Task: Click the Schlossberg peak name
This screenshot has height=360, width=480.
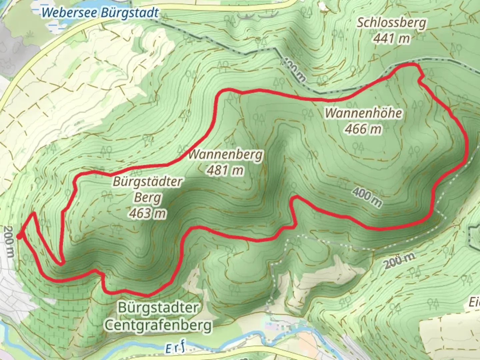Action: tap(391, 23)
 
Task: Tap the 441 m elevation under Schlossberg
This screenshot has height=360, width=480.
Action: tap(391, 39)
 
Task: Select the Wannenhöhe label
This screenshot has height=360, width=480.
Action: tap(363, 113)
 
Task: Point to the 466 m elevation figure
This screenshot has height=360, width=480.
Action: tap(363, 129)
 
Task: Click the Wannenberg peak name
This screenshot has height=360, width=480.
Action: tap(226, 155)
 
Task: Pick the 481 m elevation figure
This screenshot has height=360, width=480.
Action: tap(226, 170)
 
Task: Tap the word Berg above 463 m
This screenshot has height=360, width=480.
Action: tap(148, 198)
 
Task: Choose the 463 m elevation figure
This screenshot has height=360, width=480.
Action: tap(148, 213)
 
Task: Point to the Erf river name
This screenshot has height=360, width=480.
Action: tap(175, 349)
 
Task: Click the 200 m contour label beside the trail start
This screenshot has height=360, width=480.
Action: tap(9, 242)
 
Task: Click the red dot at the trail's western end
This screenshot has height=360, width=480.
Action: tap(20, 236)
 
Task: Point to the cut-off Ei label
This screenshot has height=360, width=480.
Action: tap(474, 303)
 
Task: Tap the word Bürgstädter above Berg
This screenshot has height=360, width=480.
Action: tap(148, 182)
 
